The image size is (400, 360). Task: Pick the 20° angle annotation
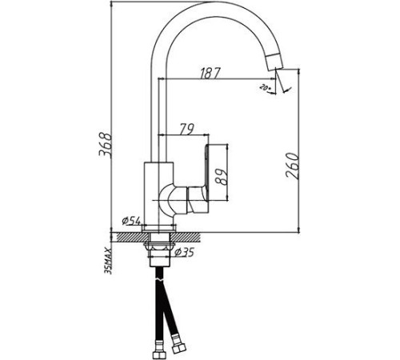(264, 86)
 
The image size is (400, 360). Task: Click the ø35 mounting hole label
(186, 254)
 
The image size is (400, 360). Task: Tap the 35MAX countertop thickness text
(108, 259)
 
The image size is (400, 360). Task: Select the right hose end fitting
(179, 349)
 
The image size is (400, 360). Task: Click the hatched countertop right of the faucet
(192, 237)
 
